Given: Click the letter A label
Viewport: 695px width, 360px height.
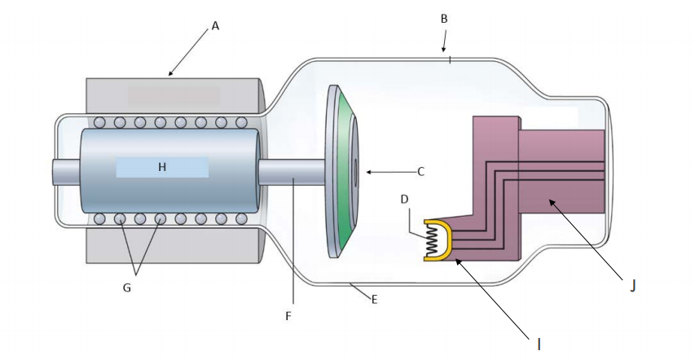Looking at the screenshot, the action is click(215, 26).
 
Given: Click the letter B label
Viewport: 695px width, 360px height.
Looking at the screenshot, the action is click(444, 19).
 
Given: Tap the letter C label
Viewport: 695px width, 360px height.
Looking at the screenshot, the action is click(421, 172).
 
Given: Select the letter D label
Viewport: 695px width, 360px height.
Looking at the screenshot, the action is click(404, 200).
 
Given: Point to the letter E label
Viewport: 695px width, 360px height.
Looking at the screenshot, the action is click(375, 300).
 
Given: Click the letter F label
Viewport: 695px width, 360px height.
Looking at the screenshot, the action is click(288, 316).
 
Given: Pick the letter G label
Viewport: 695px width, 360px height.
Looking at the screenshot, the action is click(127, 288).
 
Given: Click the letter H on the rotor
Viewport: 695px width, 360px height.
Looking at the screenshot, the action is click(162, 167).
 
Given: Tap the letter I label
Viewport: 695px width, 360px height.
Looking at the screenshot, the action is click(539, 345).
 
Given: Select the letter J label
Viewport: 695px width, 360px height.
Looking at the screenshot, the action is click(633, 287).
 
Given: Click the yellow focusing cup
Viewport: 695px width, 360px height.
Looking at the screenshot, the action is click(452, 239).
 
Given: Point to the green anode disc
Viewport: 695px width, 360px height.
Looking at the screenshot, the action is click(345, 172).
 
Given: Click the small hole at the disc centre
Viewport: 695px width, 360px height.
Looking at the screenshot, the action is click(355, 172).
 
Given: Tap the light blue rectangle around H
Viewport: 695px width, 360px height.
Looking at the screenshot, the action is click(162, 167).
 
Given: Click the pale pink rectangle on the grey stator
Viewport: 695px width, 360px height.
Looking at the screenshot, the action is click(174, 96).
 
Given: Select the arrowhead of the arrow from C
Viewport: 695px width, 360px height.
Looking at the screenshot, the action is click(369, 172).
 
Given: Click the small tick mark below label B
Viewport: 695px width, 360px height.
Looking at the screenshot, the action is click(450, 59).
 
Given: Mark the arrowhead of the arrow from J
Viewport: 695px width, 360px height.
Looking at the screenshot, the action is click(552, 203).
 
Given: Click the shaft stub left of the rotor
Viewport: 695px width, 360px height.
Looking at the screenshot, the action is click(67, 172).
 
